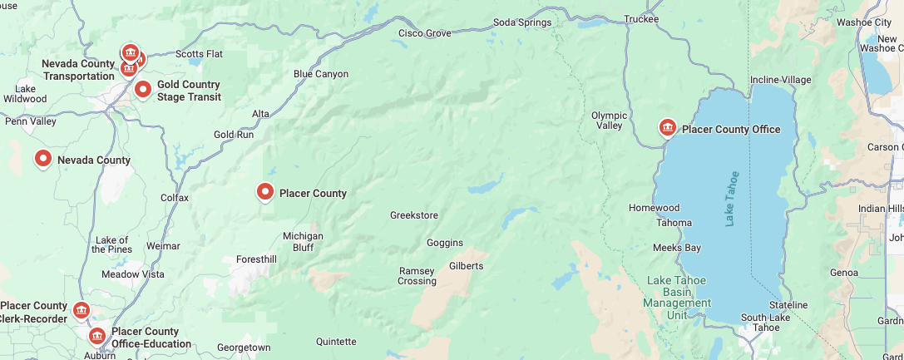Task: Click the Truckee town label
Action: click(x=641, y=19)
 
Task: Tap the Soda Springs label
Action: click(x=522, y=22)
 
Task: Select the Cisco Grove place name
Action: click(x=424, y=33)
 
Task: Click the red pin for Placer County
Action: click(x=265, y=192)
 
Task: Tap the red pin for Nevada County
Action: click(x=42, y=158)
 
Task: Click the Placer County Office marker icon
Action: click(x=667, y=127)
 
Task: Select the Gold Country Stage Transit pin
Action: click(x=143, y=88)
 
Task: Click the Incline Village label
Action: click(x=780, y=80)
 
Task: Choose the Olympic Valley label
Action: click(x=609, y=121)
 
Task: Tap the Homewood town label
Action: click(x=654, y=208)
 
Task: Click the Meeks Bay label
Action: click(x=676, y=248)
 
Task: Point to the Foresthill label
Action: click(x=255, y=259)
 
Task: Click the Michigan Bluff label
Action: click(x=303, y=242)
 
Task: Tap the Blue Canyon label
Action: click(x=321, y=74)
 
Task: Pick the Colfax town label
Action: click(x=175, y=198)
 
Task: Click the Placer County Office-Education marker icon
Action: click(x=97, y=336)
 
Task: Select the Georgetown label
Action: click(x=244, y=348)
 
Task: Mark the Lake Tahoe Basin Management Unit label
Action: click(x=677, y=298)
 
